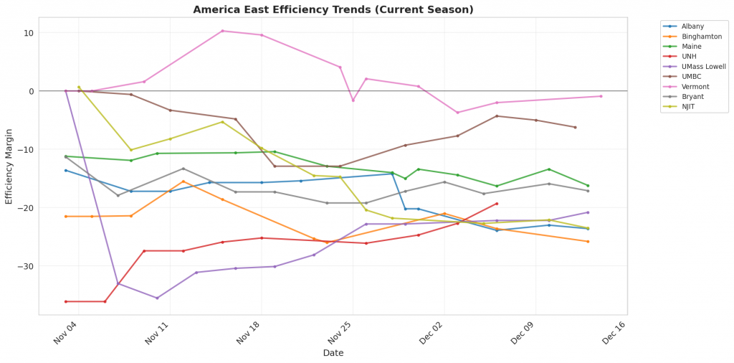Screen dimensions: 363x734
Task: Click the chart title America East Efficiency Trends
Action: click(x=333, y=10)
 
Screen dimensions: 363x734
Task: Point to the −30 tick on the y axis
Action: click(x=25, y=266)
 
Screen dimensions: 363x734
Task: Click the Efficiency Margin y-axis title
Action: click(x=9, y=166)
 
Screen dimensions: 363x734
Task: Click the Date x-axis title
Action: click(x=333, y=353)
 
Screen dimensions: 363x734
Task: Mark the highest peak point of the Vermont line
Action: click(x=222, y=31)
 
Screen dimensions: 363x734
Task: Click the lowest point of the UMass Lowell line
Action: click(x=157, y=298)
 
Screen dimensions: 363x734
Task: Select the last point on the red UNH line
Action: click(x=497, y=204)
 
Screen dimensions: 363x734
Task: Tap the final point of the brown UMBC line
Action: click(x=575, y=128)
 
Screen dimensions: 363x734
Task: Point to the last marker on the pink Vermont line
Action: click(x=601, y=96)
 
